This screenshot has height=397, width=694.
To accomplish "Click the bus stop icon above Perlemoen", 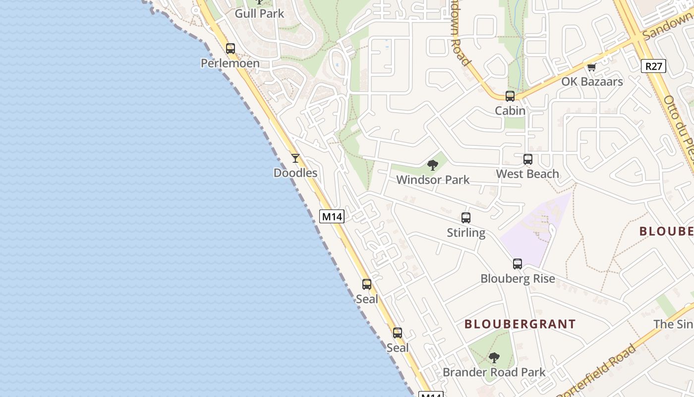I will pos(231,49).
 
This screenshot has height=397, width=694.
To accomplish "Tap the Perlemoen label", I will pos(230,64).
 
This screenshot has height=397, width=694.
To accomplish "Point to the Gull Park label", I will pos(259,13).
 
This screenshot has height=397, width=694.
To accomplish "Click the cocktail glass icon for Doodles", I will pos(295,158).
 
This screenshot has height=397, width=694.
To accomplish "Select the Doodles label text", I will pos(295,173).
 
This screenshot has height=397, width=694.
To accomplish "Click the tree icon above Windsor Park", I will pos(433,165).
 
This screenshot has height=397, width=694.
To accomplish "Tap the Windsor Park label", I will pos(433,180).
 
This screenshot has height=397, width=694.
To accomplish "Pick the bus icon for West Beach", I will pos(528,159).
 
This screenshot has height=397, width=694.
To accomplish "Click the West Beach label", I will pos(527,174).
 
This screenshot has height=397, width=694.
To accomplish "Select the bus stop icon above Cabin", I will pos(510,96).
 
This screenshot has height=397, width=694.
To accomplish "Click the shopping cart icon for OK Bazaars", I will pos(591,67).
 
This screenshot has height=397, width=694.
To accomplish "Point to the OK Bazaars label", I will pos(592,82).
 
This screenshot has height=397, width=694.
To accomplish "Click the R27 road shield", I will pos(653,66).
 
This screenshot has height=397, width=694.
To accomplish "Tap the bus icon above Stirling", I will pos(466,217).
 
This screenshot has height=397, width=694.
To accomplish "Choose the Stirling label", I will pos(466,233).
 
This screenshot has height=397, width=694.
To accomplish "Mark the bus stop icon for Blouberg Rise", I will pos(518,264).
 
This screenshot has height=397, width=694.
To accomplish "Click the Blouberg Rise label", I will pos(518,279).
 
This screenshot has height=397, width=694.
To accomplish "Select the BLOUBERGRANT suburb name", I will pos(520,325).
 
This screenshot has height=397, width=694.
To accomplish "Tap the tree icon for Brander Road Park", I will pos(494,358).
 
